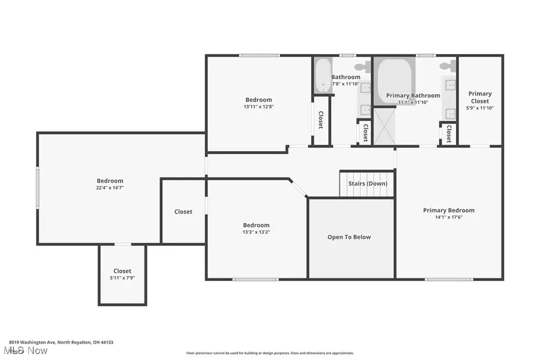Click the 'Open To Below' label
point(349,237)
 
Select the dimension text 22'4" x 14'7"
point(110,188)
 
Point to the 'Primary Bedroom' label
point(448,210)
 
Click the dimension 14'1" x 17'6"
point(448,217)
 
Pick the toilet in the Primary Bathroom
point(447,66)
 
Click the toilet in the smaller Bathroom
point(362,66)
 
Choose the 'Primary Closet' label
point(479,97)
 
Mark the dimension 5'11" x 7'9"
point(122,278)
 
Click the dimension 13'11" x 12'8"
point(259,107)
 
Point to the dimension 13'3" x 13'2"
point(256,232)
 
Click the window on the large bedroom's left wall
point(38,188)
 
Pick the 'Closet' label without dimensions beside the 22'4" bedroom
point(183,211)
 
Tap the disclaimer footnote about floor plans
point(270,353)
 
